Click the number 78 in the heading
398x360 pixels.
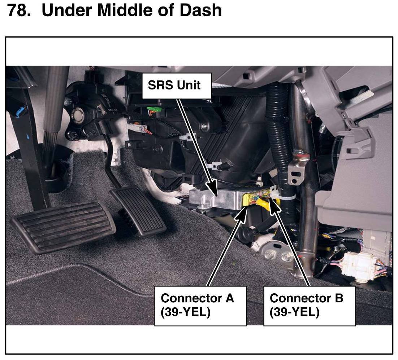[18, 10]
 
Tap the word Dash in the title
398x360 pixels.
[202, 10]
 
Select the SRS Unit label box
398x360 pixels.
[174, 85]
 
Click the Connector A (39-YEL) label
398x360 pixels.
[200, 305]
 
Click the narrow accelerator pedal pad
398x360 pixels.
[139, 210]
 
